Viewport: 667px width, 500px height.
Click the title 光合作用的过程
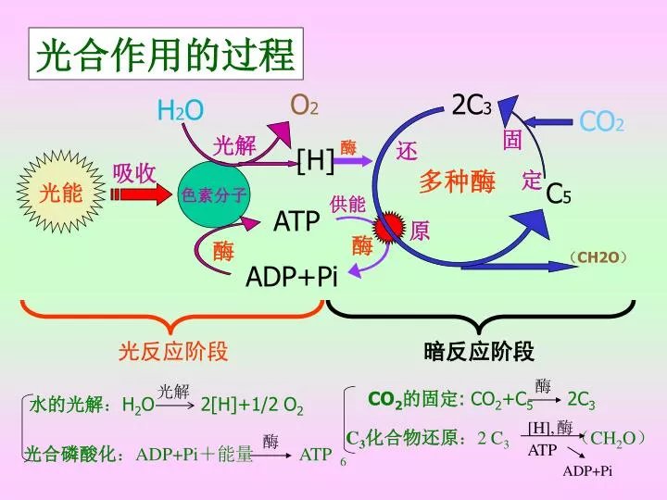(x=166, y=55)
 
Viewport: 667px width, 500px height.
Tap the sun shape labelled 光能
(x=61, y=193)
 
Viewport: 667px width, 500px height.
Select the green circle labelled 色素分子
(x=214, y=194)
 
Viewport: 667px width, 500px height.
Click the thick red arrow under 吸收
(x=141, y=194)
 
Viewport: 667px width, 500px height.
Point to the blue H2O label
(x=181, y=110)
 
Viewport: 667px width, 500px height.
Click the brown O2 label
(x=304, y=105)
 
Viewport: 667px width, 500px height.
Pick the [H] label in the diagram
(x=315, y=160)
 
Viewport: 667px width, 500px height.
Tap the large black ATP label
(x=296, y=221)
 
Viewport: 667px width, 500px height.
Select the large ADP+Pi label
(x=292, y=276)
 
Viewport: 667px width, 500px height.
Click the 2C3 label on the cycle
(x=472, y=105)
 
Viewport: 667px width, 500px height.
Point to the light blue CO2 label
(x=601, y=121)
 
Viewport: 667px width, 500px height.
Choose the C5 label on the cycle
(x=558, y=194)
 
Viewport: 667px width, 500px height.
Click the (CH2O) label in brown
(x=598, y=256)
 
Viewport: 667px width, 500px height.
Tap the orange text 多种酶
(x=457, y=181)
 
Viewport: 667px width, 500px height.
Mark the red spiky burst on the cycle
(x=389, y=228)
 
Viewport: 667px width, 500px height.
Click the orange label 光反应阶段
(x=173, y=351)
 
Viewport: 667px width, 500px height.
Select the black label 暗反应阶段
(x=479, y=351)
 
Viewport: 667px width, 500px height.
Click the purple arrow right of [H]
(x=353, y=161)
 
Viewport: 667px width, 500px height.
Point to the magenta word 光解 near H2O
(x=234, y=146)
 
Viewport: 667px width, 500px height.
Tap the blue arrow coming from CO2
(x=547, y=122)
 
